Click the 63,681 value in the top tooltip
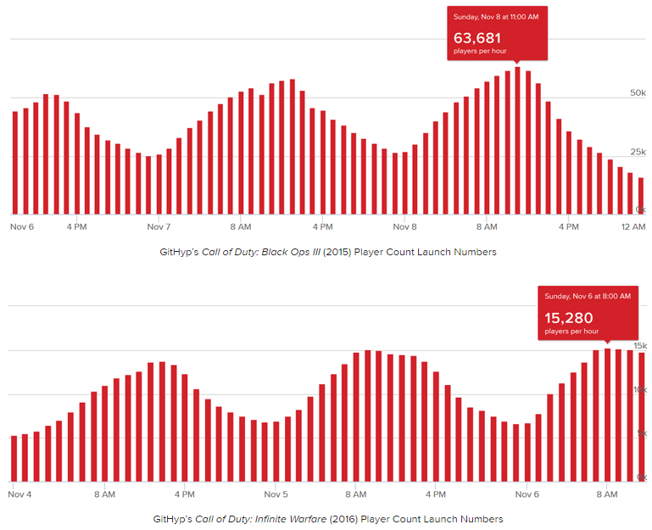click(477, 38)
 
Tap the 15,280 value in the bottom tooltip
click(569, 318)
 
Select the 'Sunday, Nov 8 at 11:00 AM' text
click(497, 16)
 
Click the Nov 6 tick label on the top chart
click(23, 227)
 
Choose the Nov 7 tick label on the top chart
click(159, 227)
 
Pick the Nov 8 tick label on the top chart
click(405, 227)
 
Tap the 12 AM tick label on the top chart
click(633, 227)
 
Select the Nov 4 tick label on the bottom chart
click(20, 493)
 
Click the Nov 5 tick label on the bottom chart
click(276, 493)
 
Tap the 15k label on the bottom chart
click(640, 345)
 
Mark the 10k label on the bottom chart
click(640, 389)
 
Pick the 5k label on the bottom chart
click(642, 433)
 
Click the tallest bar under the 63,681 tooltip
click(517, 140)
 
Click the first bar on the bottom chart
click(14, 458)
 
